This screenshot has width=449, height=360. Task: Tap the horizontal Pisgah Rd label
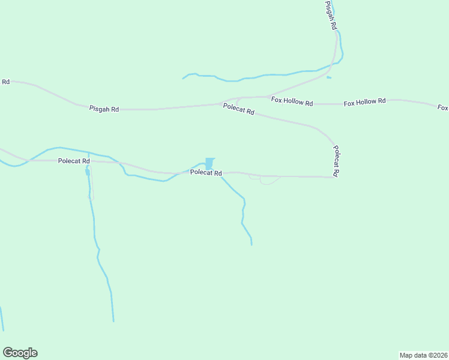pos(104,109)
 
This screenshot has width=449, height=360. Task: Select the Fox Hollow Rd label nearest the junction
pos(292,101)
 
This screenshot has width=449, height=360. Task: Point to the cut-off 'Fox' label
pos(443,108)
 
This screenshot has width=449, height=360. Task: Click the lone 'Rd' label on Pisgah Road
pos(5,82)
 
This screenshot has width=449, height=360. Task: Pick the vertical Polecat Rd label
pos(336,161)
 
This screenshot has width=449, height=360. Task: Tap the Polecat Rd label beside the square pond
pos(206,173)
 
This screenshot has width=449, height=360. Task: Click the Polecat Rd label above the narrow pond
pos(74,161)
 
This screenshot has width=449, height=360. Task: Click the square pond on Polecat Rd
pos(209,163)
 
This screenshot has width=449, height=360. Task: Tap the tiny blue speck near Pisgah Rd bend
pos(328,77)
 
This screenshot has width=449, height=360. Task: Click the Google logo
pos(20,353)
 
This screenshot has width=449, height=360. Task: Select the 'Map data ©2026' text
pos(423,355)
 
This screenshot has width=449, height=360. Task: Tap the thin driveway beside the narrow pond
pos(91,186)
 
